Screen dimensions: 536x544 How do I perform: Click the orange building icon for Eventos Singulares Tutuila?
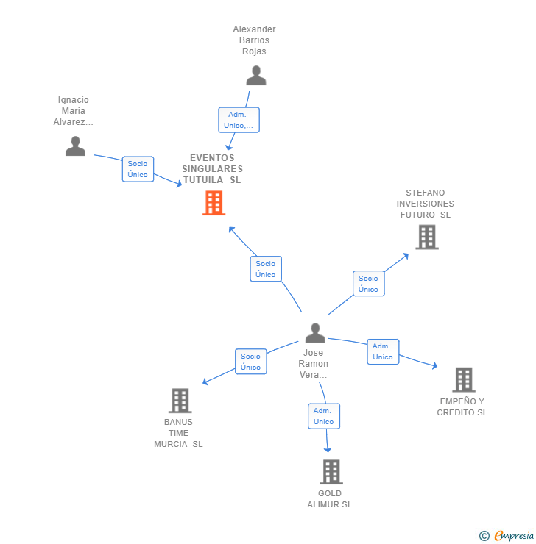pyautogui.click(x=214, y=203)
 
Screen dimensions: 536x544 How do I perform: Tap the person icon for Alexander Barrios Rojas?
pyautogui.click(x=255, y=76)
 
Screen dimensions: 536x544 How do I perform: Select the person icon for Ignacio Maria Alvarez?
pyautogui.click(x=75, y=146)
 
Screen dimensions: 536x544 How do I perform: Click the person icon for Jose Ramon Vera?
pyautogui.click(x=315, y=333)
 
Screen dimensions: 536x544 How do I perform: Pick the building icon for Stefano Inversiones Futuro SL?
pyautogui.click(x=426, y=237)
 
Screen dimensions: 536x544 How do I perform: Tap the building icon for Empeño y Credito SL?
pyautogui.click(x=463, y=379)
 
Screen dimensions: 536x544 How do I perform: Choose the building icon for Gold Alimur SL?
pyautogui.click(x=331, y=471)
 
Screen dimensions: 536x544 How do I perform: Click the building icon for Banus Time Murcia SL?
pyautogui.click(x=180, y=401)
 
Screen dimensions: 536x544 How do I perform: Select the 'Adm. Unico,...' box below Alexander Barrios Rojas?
pyautogui.click(x=239, y=120)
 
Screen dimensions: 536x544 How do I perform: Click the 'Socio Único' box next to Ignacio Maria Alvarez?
pyautogui.click(x=138, y=169)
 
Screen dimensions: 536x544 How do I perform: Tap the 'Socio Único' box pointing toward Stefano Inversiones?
pyautogui.click(x=368, y=284)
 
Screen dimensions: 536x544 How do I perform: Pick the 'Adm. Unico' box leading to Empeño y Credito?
pyautogui.click(x=383, y=351)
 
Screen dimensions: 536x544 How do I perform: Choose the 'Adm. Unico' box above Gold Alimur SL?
pyautogui.click(x=323, y=416)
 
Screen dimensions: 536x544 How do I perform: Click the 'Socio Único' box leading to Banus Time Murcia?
pyautogui.click(x=250, y=362)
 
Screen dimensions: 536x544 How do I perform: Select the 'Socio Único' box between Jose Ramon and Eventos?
pyautogui.click(x=266, y=269)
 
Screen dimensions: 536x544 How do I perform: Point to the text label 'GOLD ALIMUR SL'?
pyautogui.click(x=330, y=499)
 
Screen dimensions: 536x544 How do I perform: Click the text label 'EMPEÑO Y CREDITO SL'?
pyautogui.click(x=462, y=407)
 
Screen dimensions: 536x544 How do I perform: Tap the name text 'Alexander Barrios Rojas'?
pyautogui.click(x=254, y=40)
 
